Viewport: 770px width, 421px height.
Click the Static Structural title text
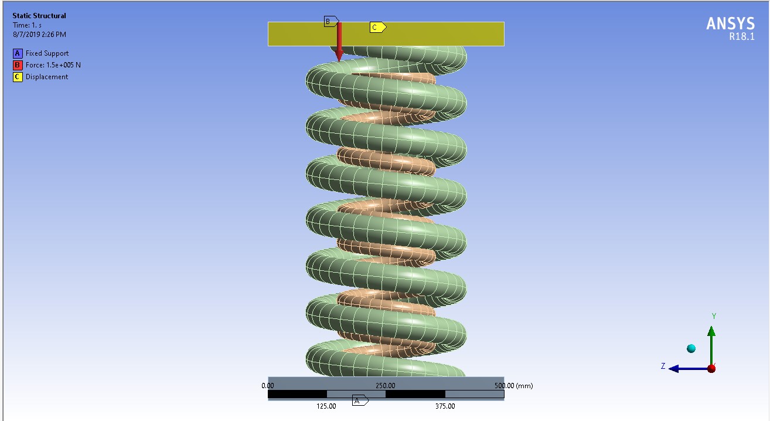(39, 16)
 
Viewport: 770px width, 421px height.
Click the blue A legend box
(18, 53)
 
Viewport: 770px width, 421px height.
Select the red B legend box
(18, 65)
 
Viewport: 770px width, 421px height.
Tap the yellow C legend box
(18, 77)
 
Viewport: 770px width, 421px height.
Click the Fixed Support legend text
(47, 53)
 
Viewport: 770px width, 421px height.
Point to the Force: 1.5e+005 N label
(53, 65)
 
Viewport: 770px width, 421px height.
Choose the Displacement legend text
(47, 77)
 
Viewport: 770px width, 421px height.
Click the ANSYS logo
(730, 23)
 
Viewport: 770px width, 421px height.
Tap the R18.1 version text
(741, 36)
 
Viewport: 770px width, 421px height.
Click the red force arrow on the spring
(339, 44)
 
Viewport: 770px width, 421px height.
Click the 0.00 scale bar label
(268, 386)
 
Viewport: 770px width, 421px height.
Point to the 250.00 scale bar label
(385, 386)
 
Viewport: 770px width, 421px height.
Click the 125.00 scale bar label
(326, 406)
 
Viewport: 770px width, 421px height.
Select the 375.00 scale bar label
(445, 406)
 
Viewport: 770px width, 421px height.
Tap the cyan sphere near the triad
(691, 349)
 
